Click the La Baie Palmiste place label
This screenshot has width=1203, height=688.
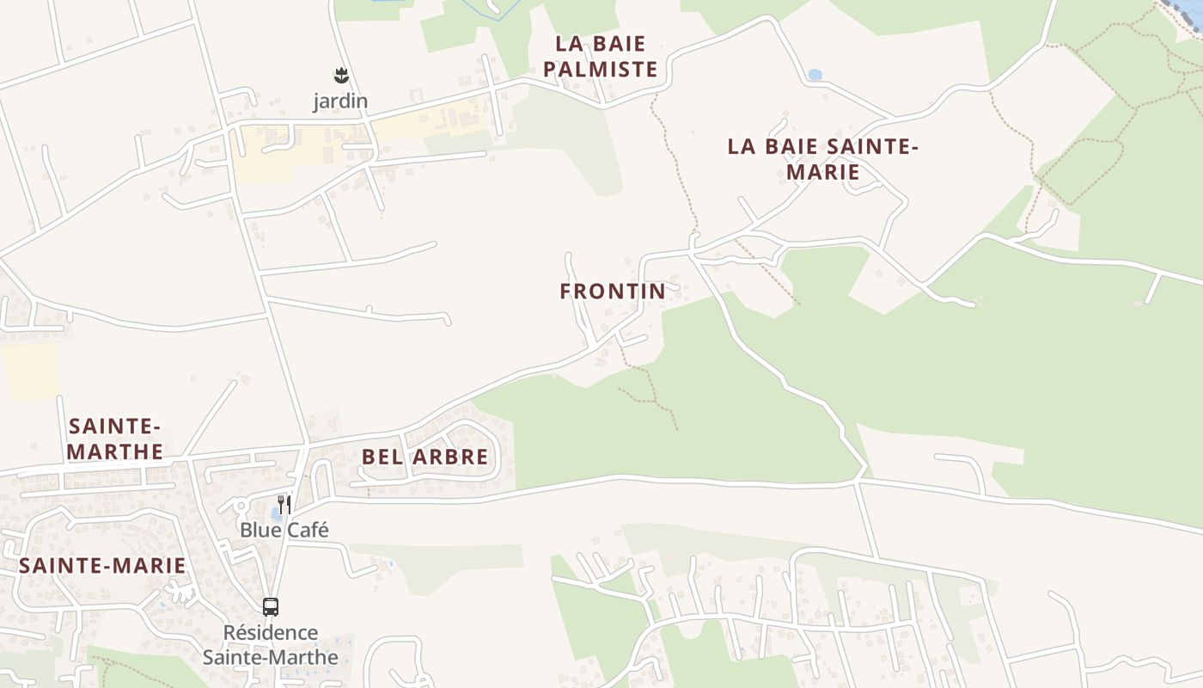pyautogui.click(x=600, y=57)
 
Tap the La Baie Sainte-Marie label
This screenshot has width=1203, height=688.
pyautogui.click(x=822, y=158)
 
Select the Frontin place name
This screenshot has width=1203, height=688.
pyautogui.click(x=613, y=292)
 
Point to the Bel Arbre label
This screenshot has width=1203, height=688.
pyautogui.click(x=424, y=457)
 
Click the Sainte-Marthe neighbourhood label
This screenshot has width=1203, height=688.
pyautogui.click(x=115, y=439)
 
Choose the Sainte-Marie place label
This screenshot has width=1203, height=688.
pyautogui.click(x=102, y=565)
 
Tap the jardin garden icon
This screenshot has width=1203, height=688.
pyautogui.click(x=341, y=76)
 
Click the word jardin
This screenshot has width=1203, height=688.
pyautogui.click(x=340, y=101)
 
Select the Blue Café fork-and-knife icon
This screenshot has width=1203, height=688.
pyautogui.click(x=284, y=504)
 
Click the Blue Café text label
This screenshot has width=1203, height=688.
pyautogui.click(x=284, y=530)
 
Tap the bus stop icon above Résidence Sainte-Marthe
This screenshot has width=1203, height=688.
pyautogui.click(x=271, y=606)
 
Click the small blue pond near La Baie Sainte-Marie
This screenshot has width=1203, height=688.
pyautogui.click(x=815, y=76)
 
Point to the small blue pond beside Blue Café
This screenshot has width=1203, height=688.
pyautogui.click(x=274, y=513)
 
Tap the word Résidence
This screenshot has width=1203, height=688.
pyautogui.click(x=271, y=633)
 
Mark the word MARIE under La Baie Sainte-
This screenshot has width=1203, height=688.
pyautogui.click(x=822, y=172)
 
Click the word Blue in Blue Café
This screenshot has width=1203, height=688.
pyautogui.click(x=260, y=530)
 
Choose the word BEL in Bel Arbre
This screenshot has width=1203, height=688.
pyautogui.click(x=381, y=457)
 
